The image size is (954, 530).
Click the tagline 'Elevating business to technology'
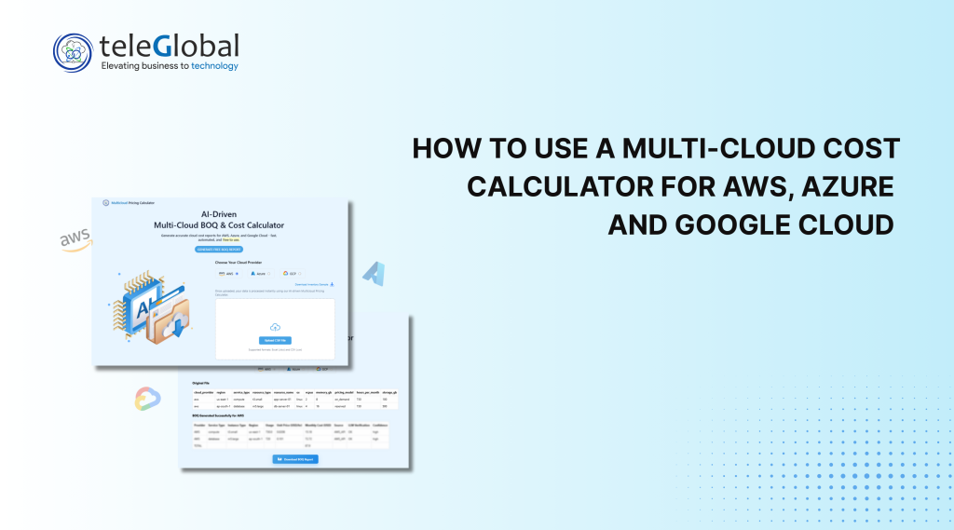tap(169, 66)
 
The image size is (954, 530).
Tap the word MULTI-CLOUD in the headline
tap(696, 148)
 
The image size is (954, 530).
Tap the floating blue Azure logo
tap(375, 274)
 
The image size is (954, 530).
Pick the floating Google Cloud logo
tap(147, 398)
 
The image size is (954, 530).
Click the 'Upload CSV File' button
tap(275, 340)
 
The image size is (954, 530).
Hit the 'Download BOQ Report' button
tap(294, 459)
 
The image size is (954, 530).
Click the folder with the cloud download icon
tap(172, 325)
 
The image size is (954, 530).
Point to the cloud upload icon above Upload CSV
tap(275, 327)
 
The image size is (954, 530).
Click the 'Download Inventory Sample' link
tap(313, 284)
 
